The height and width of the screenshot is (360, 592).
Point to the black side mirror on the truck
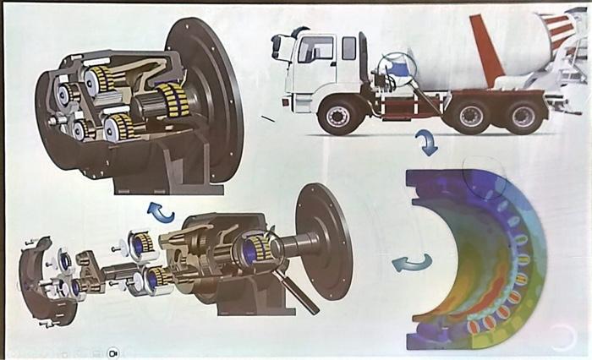click(x=277, y=47)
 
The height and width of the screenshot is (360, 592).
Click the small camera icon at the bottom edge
click(x=112, y=352)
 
